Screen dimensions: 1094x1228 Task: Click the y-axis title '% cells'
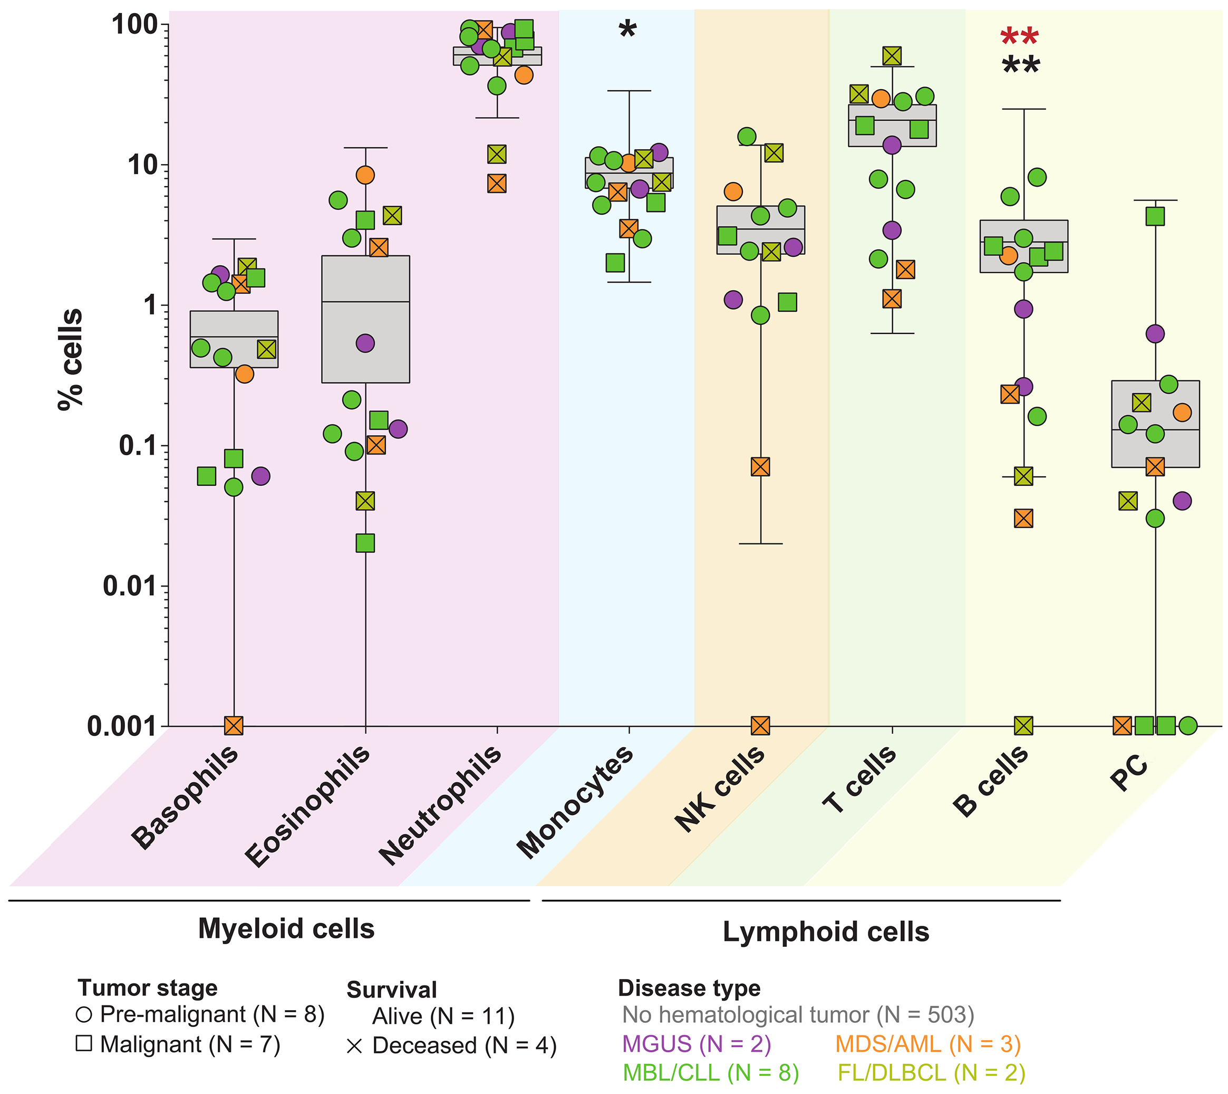[x=70, y=359]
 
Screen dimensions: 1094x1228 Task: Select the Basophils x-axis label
[x=185, y=797]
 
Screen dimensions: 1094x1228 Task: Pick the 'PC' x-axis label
[x=1129, y=773]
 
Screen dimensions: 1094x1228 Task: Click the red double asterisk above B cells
[x=1020, y=37]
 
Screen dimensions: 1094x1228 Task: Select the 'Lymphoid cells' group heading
[x=826, y=932]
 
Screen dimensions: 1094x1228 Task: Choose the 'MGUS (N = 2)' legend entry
[x=697, y=1044]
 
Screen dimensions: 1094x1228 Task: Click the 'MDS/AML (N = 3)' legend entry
[x=927, y=1044]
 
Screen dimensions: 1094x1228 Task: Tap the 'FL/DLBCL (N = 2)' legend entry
[x=931, y=1073]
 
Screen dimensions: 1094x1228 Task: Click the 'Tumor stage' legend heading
[x=147, y=987]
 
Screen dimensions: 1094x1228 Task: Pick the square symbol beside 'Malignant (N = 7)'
[x=84, y=1043]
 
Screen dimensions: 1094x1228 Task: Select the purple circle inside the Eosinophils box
[x=365, y=343]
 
